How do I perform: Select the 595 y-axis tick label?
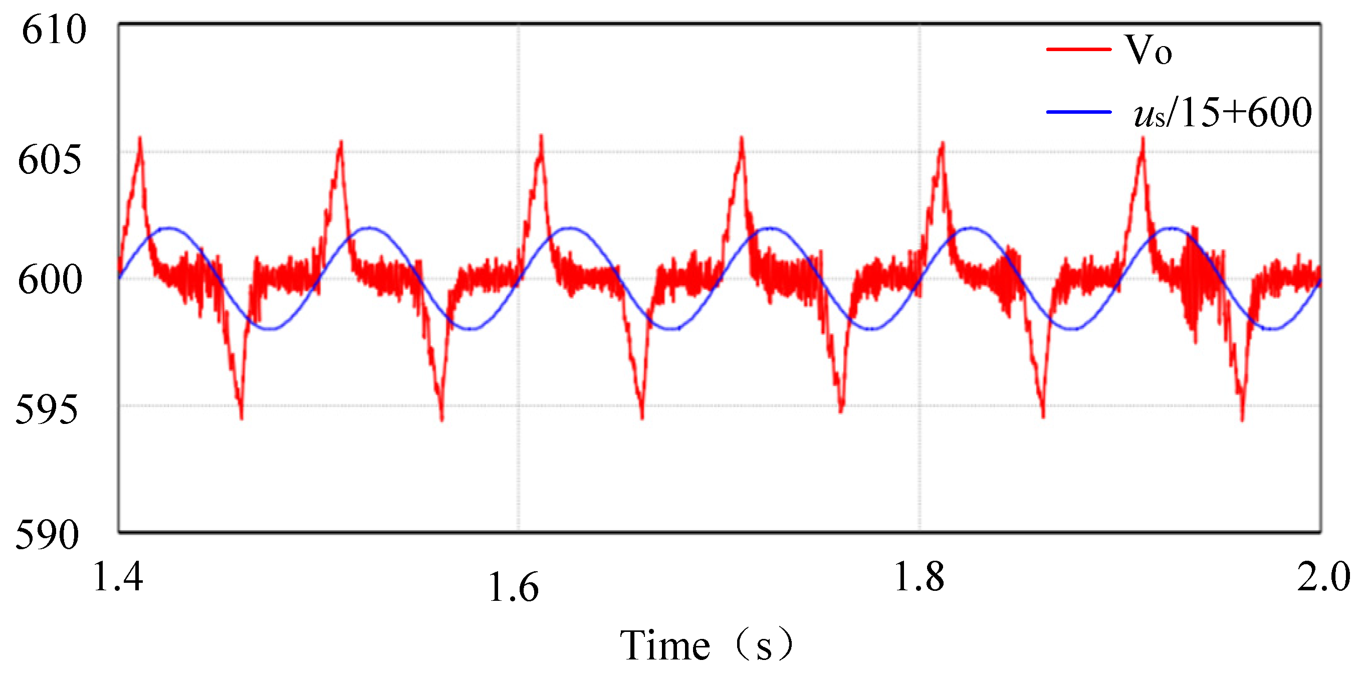point(47,410)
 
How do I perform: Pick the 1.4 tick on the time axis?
point(118,576)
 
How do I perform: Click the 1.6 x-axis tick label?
point(513,587)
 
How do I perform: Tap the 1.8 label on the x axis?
point(919,576)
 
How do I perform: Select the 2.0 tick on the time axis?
point(1323,576)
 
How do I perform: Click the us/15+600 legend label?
point(1222,113)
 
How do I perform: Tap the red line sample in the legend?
point(1078,49)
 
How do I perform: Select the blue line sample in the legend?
point(1078,112)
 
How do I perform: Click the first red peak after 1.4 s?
point(140,139)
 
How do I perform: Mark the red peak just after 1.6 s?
point(541,137)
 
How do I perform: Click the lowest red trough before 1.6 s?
point(442,419)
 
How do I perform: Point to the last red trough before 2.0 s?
point(1242,419)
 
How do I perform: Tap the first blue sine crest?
point(169,228)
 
